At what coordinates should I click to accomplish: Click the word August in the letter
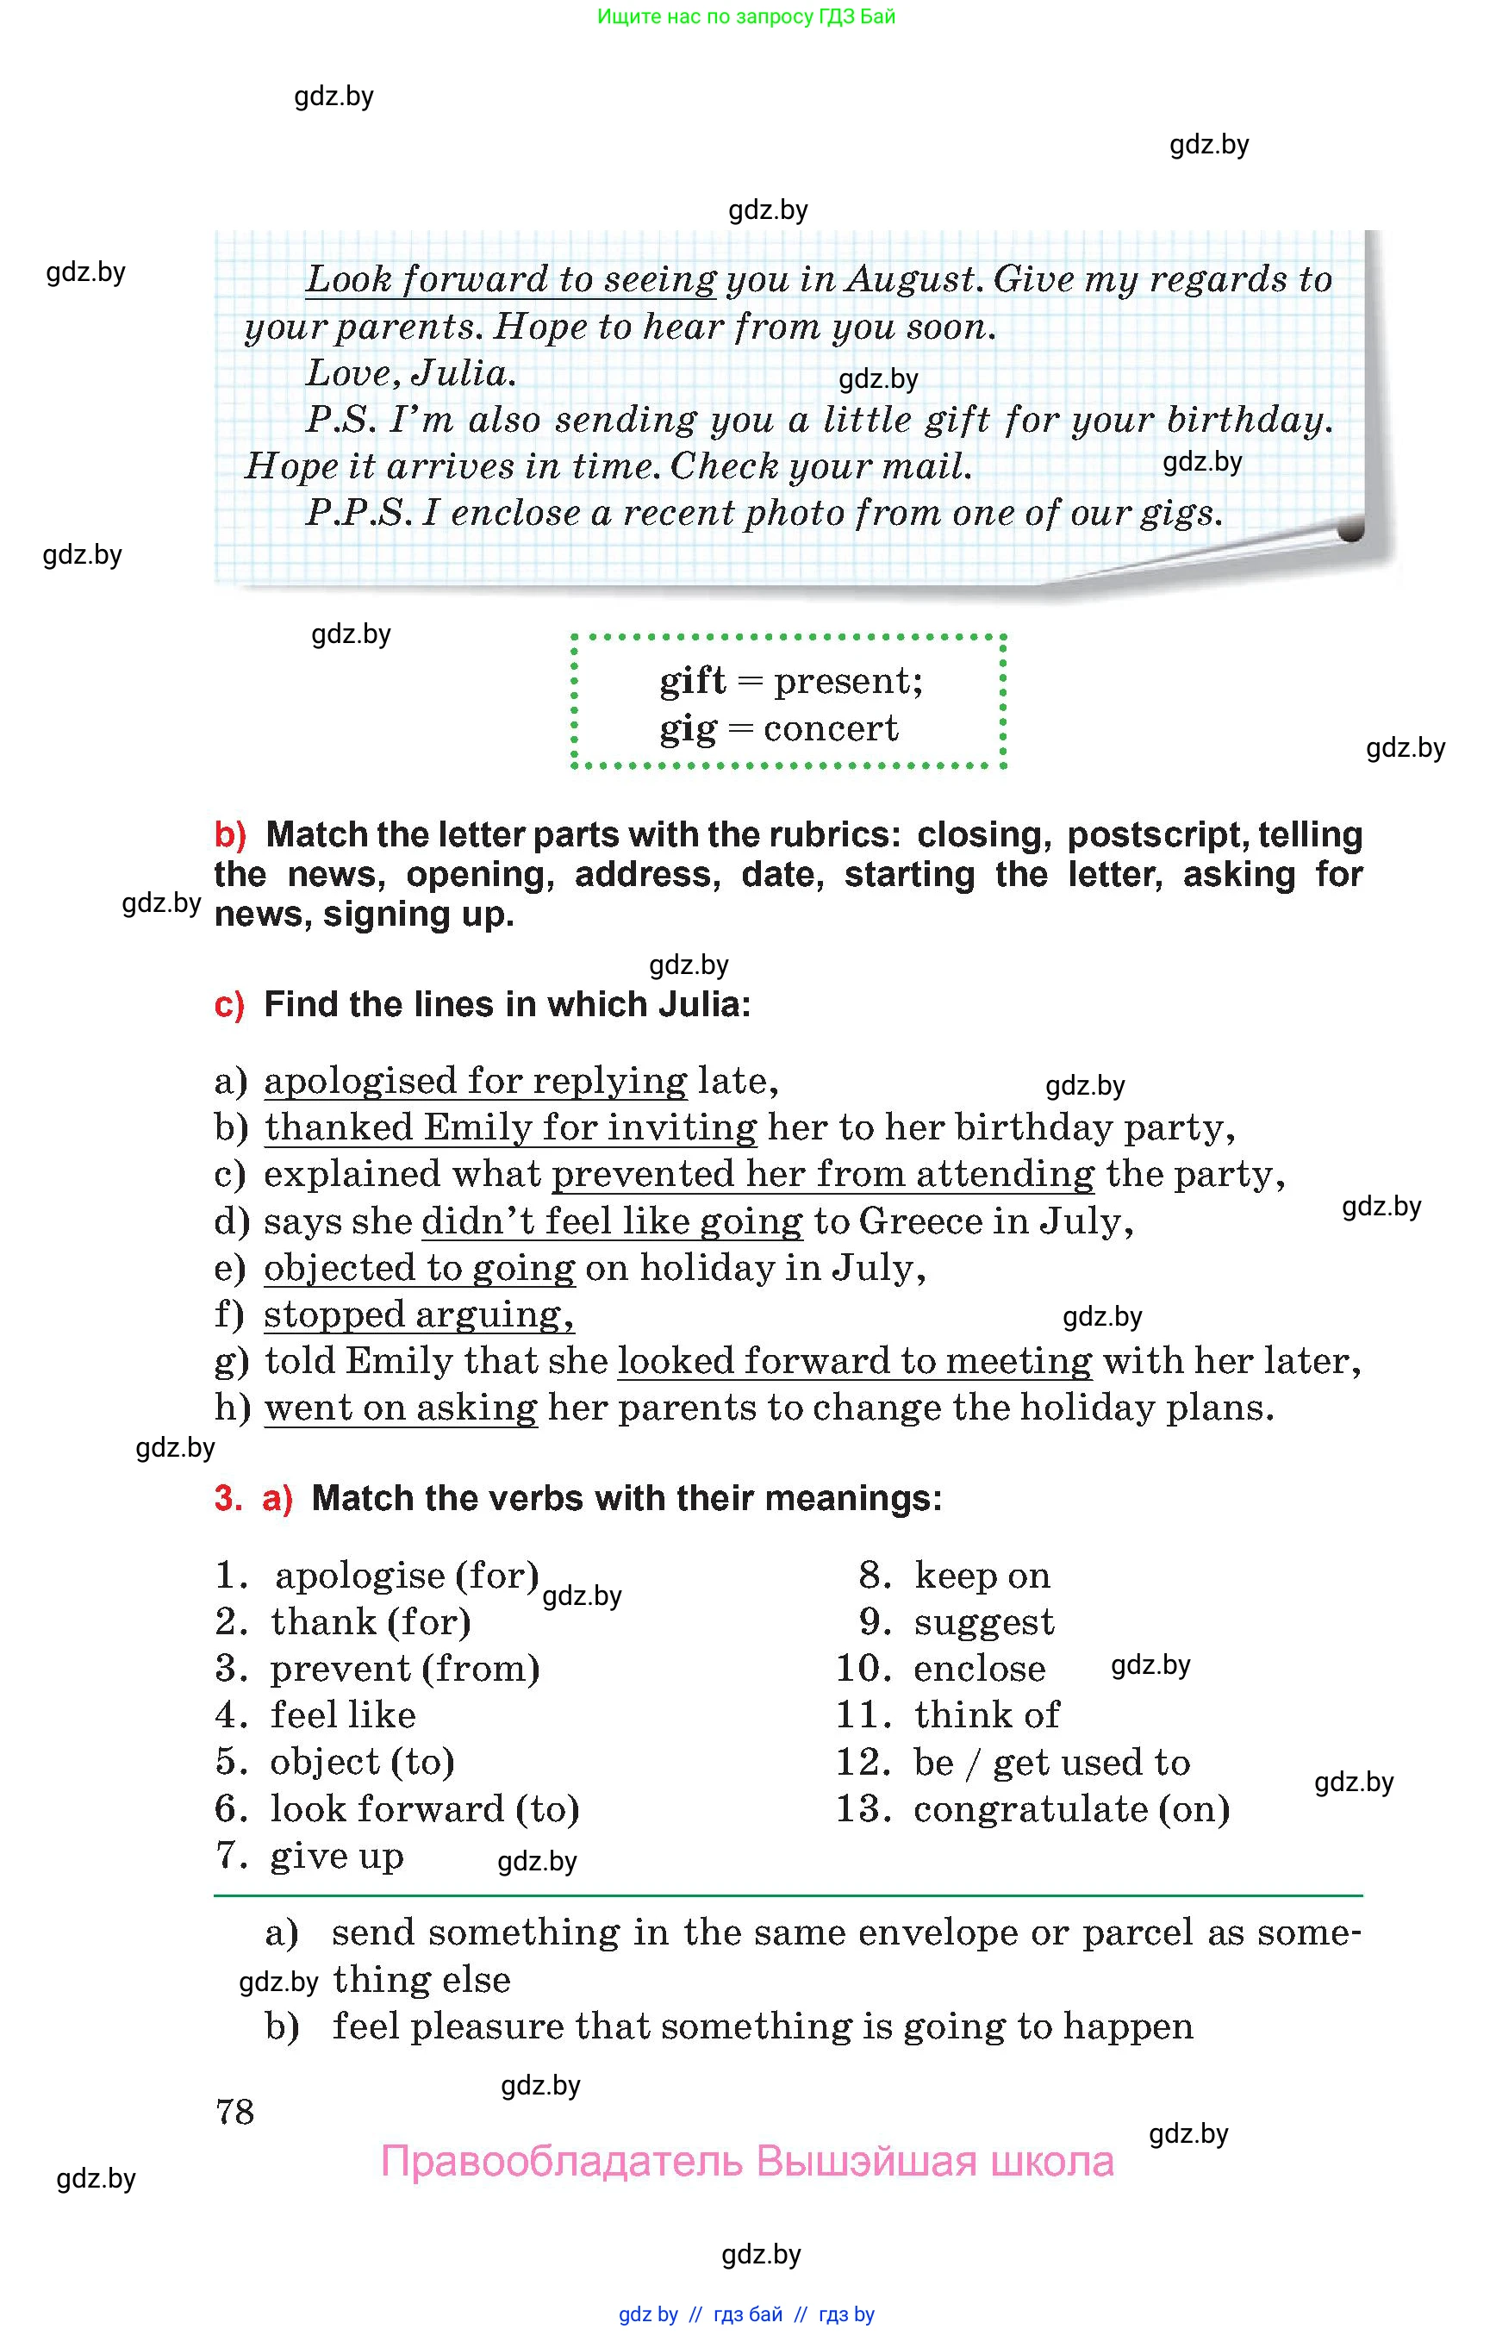(x=910, y=280)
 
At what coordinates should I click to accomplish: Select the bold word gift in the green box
(x=692, y=680)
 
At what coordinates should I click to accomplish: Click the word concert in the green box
(x=831, y=727)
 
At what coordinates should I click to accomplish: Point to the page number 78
(x=235, y=2112)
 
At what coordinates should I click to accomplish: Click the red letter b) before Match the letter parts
(x=230, y=834)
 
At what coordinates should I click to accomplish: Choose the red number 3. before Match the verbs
(x=228, y=1498)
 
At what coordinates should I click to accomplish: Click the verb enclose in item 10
(x=979, y=1669)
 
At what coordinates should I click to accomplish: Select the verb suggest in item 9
(x=984, y=1622)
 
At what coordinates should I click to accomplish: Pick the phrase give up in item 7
(x=336, y=1856)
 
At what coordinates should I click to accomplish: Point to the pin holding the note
(x=1350, y=529)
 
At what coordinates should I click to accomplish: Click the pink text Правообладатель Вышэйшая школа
(x=746, y=2161)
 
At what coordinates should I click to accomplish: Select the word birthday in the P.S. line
(x=1246, y=420)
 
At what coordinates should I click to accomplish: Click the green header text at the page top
(x=746, y=16)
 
